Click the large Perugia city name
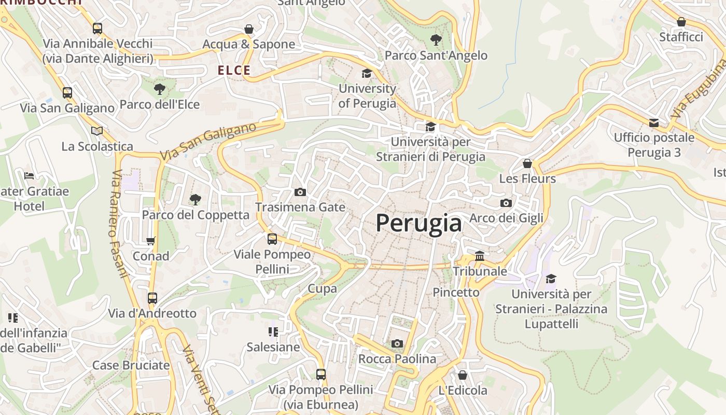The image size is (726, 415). (418, 223)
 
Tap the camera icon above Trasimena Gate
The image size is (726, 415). (300, 192)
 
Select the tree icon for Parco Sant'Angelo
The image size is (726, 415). (436, 39)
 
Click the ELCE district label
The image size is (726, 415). (234, 71)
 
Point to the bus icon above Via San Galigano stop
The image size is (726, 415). (67, 93)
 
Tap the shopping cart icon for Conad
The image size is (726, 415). (150, 241)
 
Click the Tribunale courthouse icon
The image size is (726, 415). (480, 256)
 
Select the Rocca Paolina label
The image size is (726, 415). (397, 359)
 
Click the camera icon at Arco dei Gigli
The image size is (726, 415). (506, 203)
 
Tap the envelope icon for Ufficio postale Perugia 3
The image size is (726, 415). (654, 123)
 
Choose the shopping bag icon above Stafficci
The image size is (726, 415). (681, 22)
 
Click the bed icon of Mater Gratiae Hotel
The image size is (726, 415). (29, 176)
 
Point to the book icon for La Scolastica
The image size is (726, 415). (97, 131)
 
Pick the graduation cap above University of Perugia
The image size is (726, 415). (367, 73)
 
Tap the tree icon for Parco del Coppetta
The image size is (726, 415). (195, 199)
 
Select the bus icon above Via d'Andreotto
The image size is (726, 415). (152, 298)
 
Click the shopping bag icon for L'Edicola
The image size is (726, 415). (463, 375)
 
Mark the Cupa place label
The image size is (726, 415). (322, 288)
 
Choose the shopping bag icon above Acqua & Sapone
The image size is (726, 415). (249, 29)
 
